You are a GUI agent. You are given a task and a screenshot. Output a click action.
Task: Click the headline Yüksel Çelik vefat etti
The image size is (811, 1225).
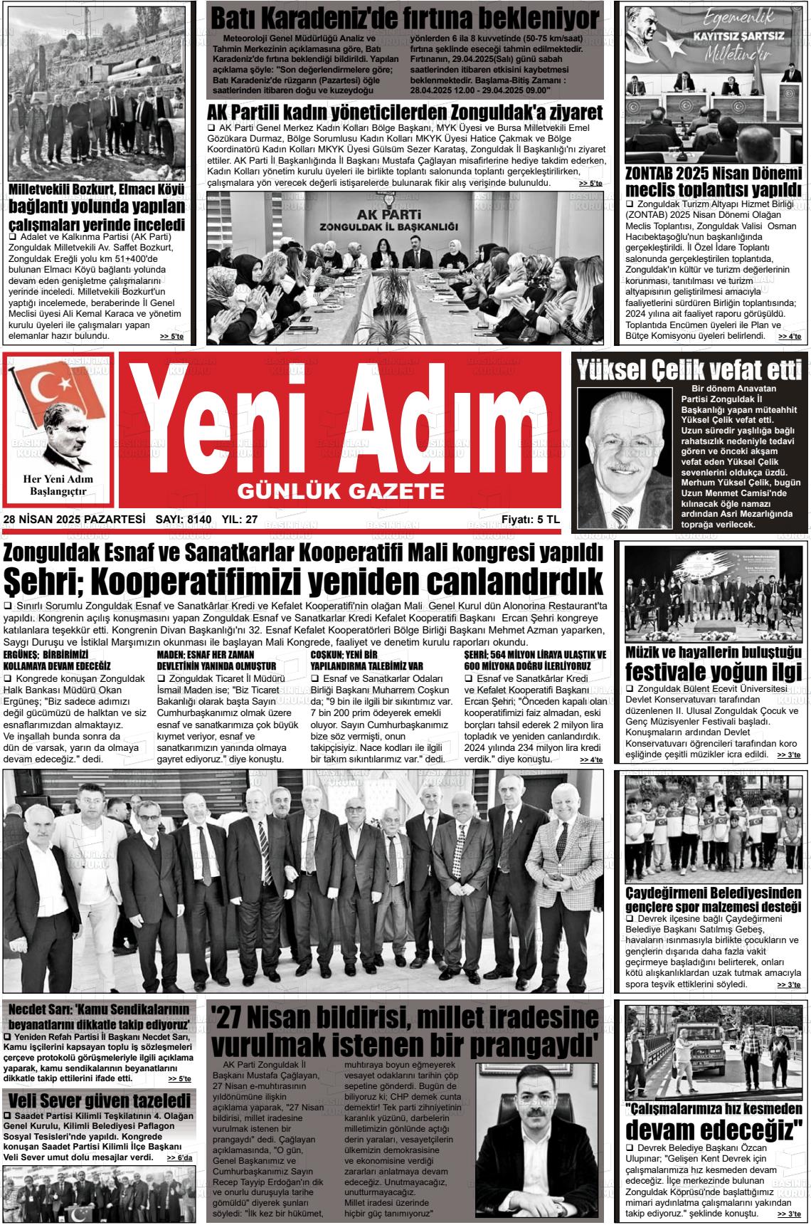689,369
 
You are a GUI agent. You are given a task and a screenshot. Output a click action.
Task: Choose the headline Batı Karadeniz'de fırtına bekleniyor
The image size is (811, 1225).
405,17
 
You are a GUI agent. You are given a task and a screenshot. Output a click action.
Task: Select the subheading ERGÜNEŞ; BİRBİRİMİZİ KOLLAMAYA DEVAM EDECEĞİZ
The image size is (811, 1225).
57,660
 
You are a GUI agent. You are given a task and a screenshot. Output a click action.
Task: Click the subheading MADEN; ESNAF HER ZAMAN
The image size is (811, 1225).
216,660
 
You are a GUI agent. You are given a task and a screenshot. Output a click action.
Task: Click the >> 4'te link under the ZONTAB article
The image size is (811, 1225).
788,336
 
